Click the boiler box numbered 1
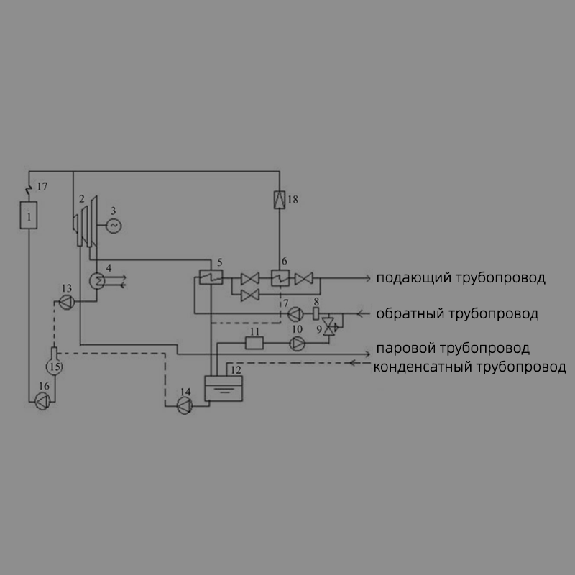29,215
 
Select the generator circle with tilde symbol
114,226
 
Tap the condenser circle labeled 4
97,281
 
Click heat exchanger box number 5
211,277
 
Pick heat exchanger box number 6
280,277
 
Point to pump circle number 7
295,314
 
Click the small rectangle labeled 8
316,314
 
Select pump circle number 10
298,344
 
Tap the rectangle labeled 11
254,344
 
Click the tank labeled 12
224,388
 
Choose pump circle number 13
67,302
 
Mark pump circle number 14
185,406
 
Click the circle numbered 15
55,367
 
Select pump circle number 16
42,402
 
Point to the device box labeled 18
280,200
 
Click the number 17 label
42,187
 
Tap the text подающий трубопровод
461,277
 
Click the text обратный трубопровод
457,313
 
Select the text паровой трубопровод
453,348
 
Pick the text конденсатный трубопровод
469,367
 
